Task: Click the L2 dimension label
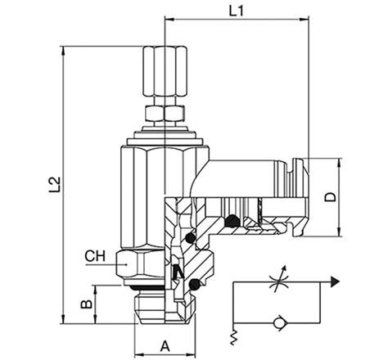pos(53,185)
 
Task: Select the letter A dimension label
pos(165,344)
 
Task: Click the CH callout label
pos(94,256)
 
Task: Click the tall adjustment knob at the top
pos(164,72)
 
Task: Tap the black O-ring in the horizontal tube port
pos(232,220)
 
